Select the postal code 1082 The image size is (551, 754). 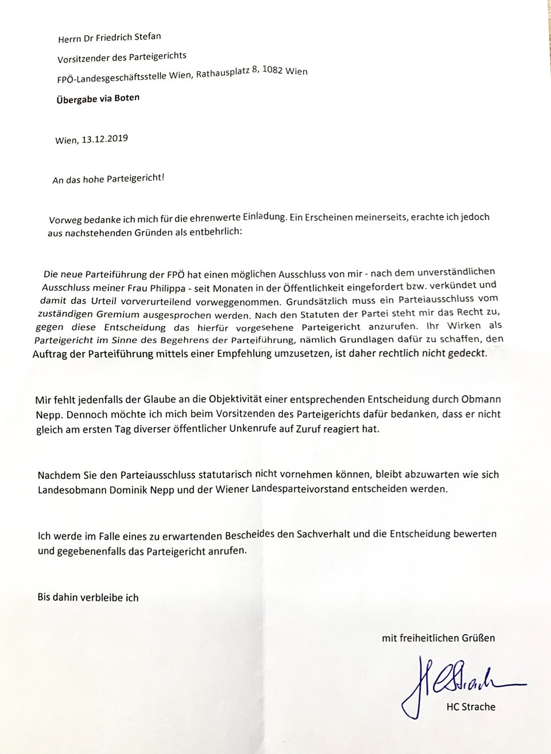pos(273,72)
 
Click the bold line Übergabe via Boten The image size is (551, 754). pos(98,98)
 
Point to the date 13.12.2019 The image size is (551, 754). pos(104,139)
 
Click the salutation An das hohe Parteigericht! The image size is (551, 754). pos(108,179)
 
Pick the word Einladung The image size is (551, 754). pos(264,217)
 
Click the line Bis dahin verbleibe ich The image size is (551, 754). pos(88,597)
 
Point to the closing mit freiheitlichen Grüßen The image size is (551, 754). pos(438,638)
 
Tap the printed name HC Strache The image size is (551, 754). pos(471,707)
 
